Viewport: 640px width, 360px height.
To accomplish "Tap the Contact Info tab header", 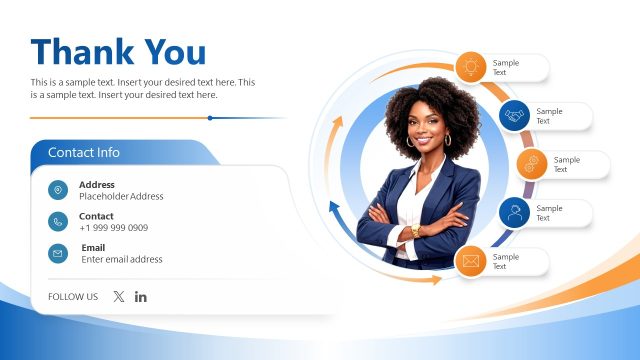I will pyautogui.click(x=84, y=153).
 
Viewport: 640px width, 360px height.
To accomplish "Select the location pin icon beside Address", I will pyautogui.click(x=58, y=190).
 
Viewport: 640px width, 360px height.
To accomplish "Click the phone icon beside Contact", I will pyautogui.click(x=58, y=222).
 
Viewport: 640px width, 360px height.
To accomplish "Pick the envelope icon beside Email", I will pyautogui.click(x=58, y=254).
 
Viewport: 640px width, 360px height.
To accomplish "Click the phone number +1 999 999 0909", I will pyautogui.click(x=113, y=228).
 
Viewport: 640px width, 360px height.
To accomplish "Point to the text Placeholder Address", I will pyautogui.click(x=121, y=197).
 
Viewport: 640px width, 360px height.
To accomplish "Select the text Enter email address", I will pyautogui.click(x=122, y=260).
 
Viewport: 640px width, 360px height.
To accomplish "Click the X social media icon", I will pyautogui.click(x=119, y=296).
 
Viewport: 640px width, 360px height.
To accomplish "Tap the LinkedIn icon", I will pyautogui.click(x=141, y=296).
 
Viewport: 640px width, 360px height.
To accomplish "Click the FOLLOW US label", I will pyautogui.click(x=73, y=297).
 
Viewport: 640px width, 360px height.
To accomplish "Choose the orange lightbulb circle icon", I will pyautogui.click(x=471, y=67).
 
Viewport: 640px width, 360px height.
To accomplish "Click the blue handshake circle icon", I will pyautogui.click(x=515, y=116).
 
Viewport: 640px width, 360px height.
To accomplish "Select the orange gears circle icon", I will pyautogui.click(x=532, y=164).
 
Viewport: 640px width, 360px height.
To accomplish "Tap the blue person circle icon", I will pyautogui.click(x=515, y=213).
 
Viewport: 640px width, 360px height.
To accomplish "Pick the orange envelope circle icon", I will pyautogui.click(x=471, y=262).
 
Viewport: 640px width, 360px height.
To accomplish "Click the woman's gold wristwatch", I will pyautogui.click(x=416, y=231).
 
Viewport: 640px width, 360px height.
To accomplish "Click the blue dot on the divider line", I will pyautogui.click(x=210, y=118).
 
